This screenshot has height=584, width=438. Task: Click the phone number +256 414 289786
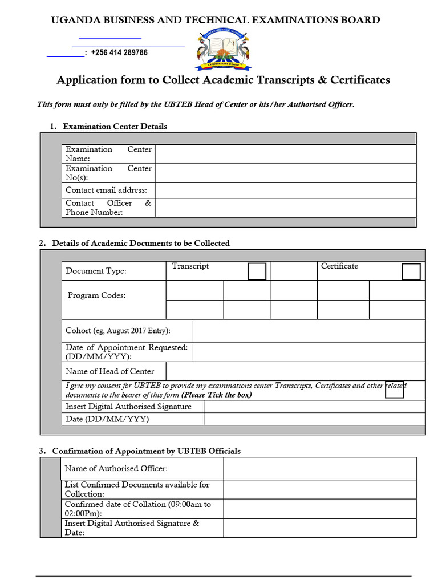tap(119, 53)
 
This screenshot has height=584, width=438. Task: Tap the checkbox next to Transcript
tap(257, 271)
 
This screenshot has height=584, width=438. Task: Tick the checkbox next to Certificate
tap(411, 272)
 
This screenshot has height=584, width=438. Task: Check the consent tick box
tap(395, 389)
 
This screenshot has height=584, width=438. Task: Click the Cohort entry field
tap(308, 331)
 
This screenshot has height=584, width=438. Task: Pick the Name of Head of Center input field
tap(295, 371)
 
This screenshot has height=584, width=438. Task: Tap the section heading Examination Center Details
tap(115, 127)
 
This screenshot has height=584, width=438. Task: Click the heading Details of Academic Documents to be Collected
tap(141, 243)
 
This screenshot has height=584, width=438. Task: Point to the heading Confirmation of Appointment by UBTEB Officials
tap(146, 451)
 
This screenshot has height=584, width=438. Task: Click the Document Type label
tap(96, 271)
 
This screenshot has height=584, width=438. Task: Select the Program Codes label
tap(96, 295)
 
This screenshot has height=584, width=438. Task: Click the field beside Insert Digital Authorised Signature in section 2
tap(314, 407)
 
